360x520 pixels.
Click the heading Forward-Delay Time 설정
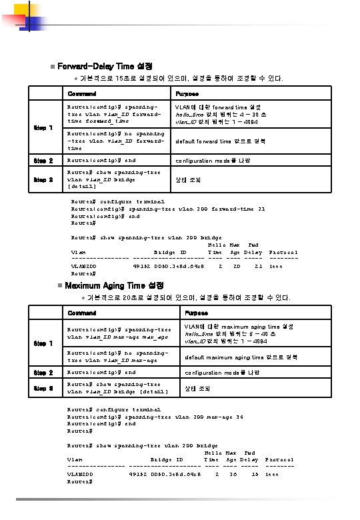click(x=105, y=67)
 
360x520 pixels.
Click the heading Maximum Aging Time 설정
click(x=110, y=285)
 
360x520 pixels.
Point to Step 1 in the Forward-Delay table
click(x=43, y=128)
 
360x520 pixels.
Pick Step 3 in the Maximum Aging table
click(x=43, y=388)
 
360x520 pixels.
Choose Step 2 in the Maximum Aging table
click(x=43, y=372)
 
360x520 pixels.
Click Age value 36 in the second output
click(x=233, y=475)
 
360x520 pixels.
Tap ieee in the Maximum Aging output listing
click(x=272, y=475)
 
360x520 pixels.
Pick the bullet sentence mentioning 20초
click(x=188, y=297)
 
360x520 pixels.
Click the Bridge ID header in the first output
click(x=170, y=253)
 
